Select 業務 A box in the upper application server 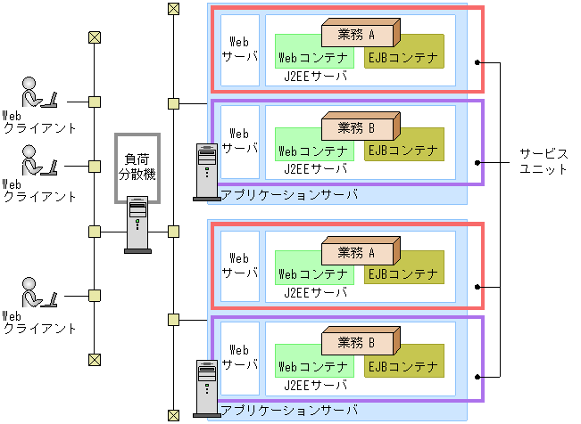(x=359, y=34)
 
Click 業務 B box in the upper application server (x=359, y=126)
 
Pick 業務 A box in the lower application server (x=359, y=252)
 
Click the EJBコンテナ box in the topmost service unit (x=403, y=58)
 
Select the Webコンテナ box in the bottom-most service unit (x=313, y=366)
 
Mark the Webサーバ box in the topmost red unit (x=239, y=49)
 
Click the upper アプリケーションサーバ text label (x=288, y=194)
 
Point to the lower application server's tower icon (x=206, y=387)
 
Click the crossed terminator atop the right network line (x=173, y=9)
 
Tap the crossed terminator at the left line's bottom (x=94, y=359)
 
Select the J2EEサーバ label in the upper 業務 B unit (x=316, y=167)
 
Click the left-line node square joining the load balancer (x=94, y=232)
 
